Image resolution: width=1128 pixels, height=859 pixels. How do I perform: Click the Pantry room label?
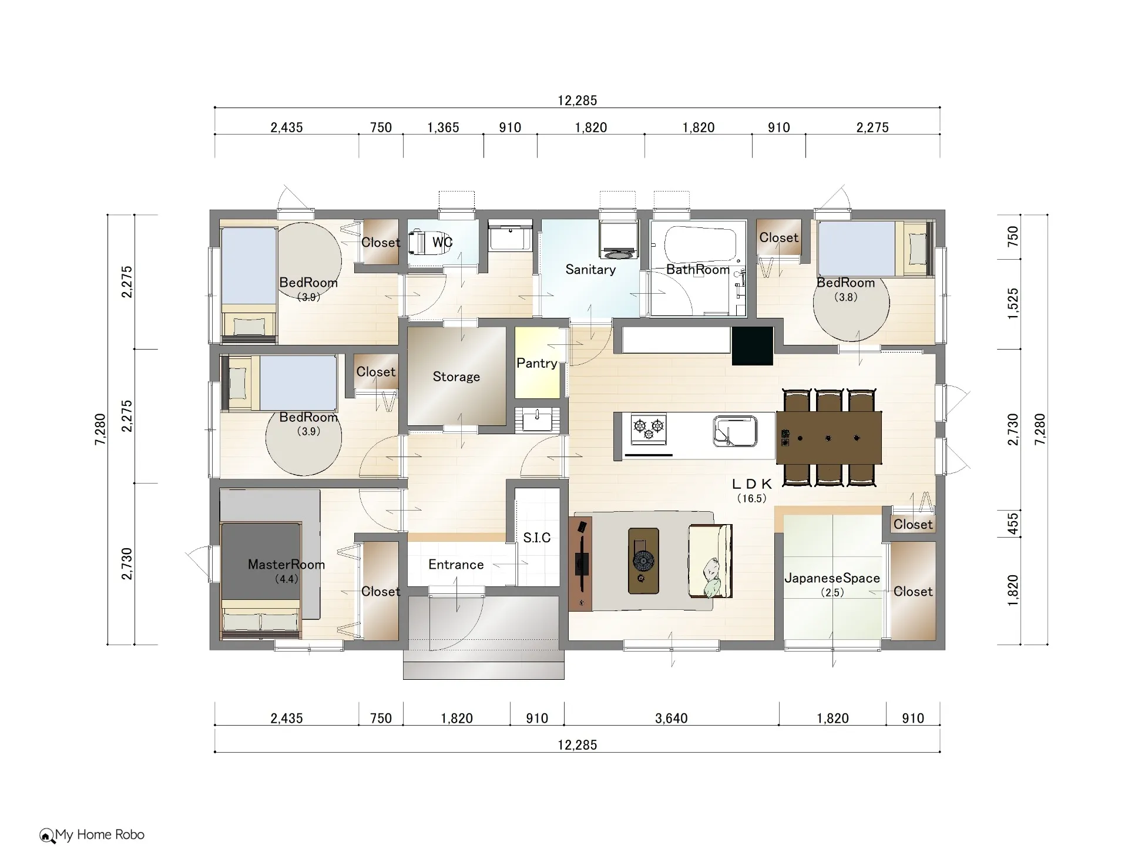point(536,363)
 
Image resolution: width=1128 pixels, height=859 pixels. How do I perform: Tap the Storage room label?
point(456,377)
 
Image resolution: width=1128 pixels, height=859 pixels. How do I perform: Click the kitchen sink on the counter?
point(735,432)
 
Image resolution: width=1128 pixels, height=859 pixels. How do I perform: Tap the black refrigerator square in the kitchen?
point(752,346)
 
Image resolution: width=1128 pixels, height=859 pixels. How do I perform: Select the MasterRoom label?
point(286,565)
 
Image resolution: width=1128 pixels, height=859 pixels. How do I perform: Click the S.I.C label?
point(536,538)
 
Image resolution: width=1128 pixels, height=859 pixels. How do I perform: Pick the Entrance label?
point(456,565)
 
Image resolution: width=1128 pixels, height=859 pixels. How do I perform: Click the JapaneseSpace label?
point(832,578)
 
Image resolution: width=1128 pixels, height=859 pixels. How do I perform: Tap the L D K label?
point(751,484)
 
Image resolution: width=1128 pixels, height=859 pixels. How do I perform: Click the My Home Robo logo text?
point(99,835)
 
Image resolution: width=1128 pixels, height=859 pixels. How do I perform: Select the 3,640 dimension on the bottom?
point(671,718)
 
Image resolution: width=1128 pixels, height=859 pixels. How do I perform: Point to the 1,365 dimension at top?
point(443,127)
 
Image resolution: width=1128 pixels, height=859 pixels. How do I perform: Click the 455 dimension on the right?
point(1013,524)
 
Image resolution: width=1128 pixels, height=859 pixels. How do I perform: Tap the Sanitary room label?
point(590,270)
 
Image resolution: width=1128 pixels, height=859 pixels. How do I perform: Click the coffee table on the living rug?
point(643,561)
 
